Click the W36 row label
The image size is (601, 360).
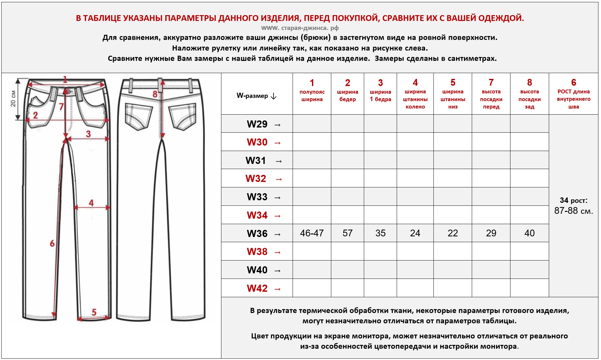(257, 233)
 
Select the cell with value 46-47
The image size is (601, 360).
(312, 233)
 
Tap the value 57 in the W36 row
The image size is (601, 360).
(347, 233)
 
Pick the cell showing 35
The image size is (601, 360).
(380, 233)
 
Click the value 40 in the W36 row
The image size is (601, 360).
(529, 233)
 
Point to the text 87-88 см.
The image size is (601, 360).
(573, 211)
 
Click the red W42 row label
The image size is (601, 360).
(257, 288)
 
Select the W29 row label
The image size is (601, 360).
(257, 124)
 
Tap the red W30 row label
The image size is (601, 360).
(257, 142)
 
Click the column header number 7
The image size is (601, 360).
(491, 83)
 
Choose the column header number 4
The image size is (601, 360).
(415, 83)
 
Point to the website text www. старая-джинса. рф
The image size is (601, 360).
(300, 28)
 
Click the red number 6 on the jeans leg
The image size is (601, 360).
(52, 243)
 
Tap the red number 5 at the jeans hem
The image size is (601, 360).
(94, 312)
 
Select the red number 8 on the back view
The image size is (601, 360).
(155, 94)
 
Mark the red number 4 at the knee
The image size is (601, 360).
(91, 203)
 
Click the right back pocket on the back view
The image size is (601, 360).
(182, 116)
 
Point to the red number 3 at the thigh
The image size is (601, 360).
(88, 134)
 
